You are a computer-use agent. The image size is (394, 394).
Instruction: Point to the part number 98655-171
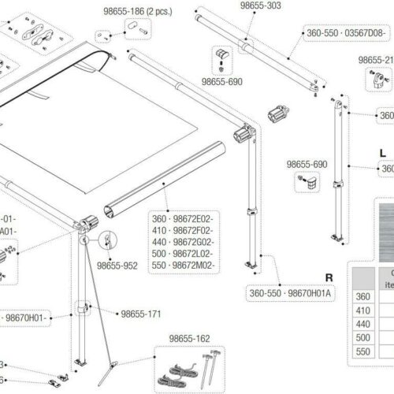click(x=142, y=314)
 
